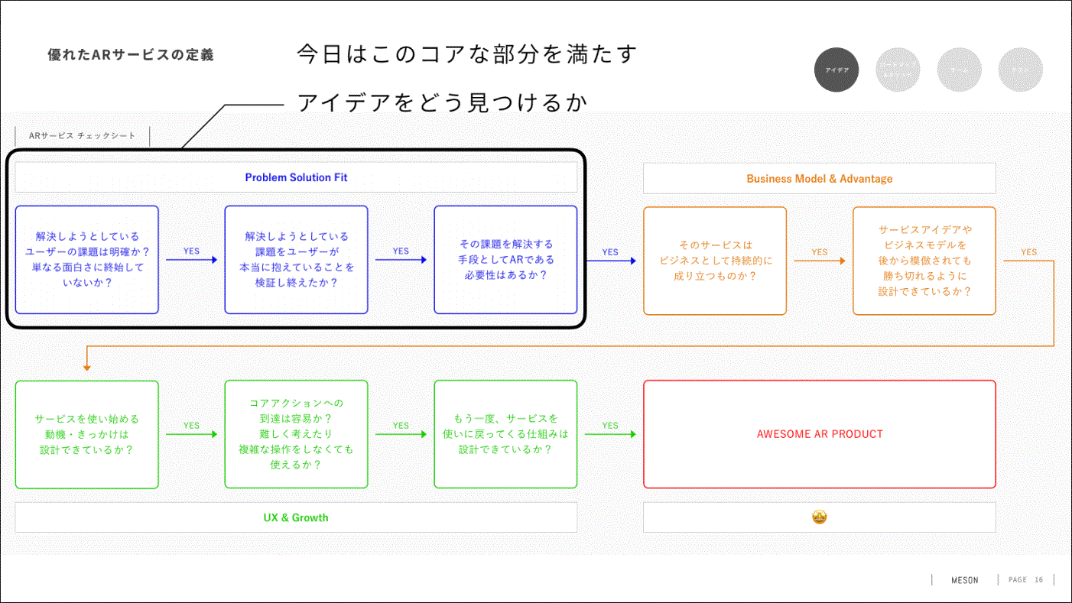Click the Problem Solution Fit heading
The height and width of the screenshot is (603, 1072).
[x=296, y=177]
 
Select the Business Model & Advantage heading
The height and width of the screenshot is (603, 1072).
[x=819, y=179]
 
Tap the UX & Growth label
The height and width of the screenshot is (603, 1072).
[x=296, y=517]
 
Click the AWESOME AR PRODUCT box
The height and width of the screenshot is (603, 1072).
[x=819, y=434]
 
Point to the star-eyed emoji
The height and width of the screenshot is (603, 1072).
[x=819, y=517]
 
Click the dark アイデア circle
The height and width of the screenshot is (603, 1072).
[x=836, y=70]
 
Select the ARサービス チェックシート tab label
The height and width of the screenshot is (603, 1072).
[x=82, y=136]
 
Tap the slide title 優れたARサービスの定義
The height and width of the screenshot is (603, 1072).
[x=131, y=55]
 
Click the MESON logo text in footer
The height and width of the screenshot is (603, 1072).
[x=964, y=580]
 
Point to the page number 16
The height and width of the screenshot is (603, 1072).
[x=1038, y=580]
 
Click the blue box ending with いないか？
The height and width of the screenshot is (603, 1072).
[x=87, y=260]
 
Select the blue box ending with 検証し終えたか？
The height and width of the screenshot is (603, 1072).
[x=296, y=260]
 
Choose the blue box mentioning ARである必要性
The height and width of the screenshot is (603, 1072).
[x=505, y=260]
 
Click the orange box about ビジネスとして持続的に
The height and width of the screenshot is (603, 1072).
[x=715, y=261]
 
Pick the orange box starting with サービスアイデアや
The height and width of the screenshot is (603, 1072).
[x=924, y=261]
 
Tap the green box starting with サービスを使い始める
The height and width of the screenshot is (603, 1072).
[x=87, y=434]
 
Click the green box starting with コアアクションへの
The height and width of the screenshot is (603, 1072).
[x=296, y=434]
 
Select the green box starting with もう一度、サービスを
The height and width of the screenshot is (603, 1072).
[x=505, y=434]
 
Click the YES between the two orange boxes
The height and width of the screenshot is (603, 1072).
[x=819, y=251]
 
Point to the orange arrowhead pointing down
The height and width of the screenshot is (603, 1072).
[x=87, y=368]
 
